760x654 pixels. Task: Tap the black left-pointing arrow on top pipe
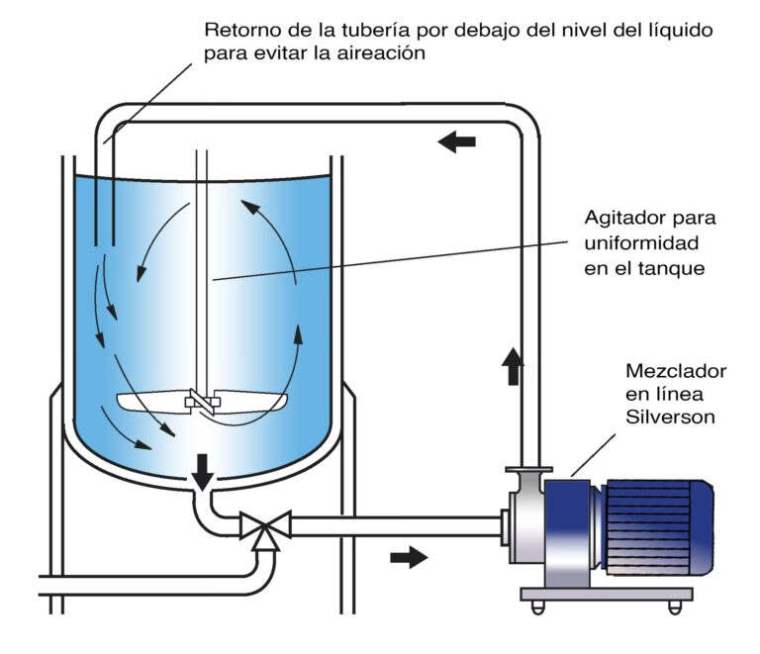[456, 142]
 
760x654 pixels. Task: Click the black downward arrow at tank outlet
[203, 473]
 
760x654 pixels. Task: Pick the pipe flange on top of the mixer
[528, 469]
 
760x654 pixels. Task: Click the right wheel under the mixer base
[676, 604]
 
